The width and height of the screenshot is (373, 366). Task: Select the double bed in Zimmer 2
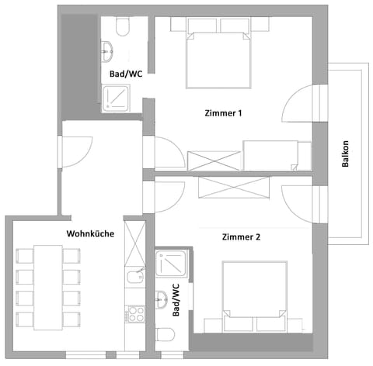(253, 290)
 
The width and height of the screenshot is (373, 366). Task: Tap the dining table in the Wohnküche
(48, 287)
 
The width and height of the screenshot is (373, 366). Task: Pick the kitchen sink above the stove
(134, 276)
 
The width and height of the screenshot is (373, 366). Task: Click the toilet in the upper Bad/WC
(120, 29)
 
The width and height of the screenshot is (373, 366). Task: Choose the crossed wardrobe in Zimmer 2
(233, 187)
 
